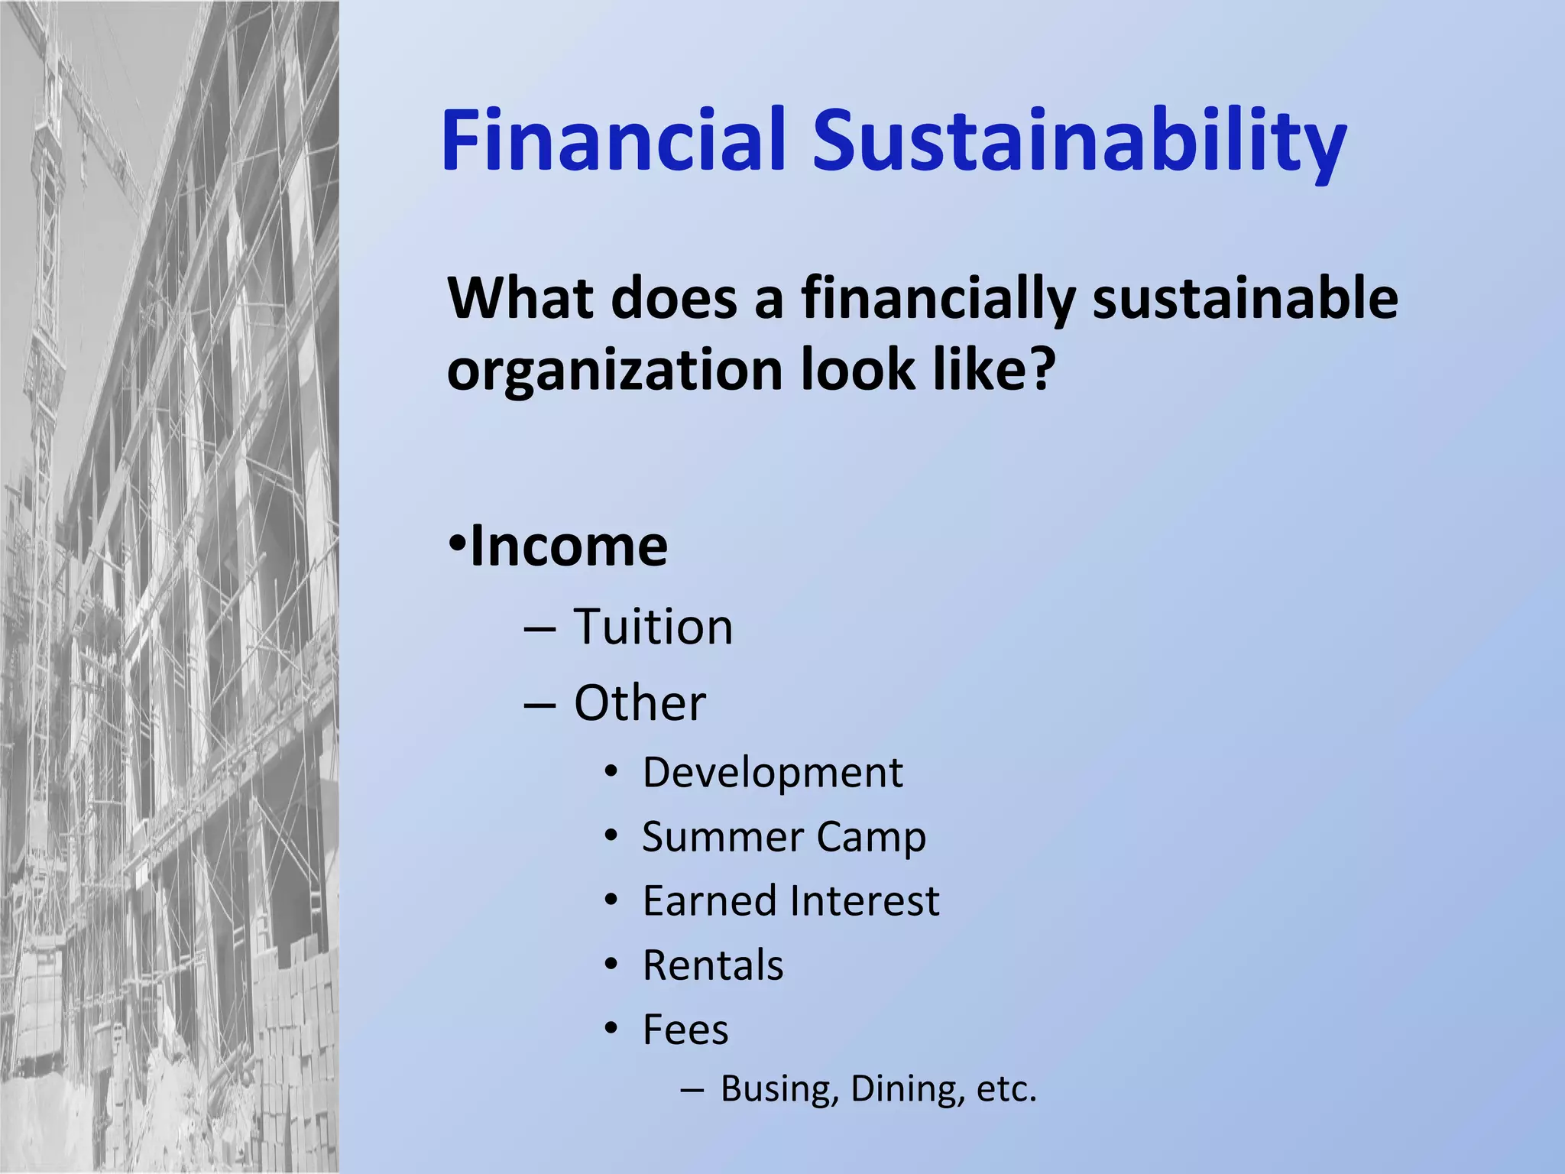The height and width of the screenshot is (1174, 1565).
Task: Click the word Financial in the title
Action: [x=614, y=140]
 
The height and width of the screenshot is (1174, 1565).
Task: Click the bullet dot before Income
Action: [x=457, y=544]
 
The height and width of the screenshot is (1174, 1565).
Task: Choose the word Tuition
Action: [x=653, y=627]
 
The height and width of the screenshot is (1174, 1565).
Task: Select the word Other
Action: [x=640, y=703]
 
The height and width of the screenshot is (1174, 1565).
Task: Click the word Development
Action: [x=773, y=773]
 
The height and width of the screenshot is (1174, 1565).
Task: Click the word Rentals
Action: [x=713, y=965]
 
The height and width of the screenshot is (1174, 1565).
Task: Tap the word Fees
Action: [x=685, y=1030]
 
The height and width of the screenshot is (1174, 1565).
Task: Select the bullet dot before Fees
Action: [x=611, y=1028]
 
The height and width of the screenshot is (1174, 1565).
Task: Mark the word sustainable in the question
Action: [x=1245, y=298]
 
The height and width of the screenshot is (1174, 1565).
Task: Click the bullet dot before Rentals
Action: [x=611, y=964]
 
